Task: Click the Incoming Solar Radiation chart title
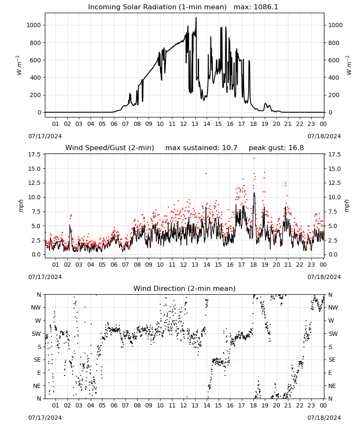pyautogui.click(x=157, y=7)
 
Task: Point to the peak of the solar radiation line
pyautogui.click(x=196, y=18)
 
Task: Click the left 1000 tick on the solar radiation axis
pyautogui.click(x=33, y=25)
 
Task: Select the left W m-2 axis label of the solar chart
pyautogui.click(x=19, y=65)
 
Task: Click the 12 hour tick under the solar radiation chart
pyautogui.click(x=183, y=124)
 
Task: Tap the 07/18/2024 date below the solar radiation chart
pyautogui.click(x=324, y=136)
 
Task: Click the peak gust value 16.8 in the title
pyautogui.click(x=297, y=148)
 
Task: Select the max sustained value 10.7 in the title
pyautogui.click(x=230, y=148)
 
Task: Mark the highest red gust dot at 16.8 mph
pyautogui.click(x=254, y=158)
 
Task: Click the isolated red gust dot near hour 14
pyautogui.click(x=206, y=173)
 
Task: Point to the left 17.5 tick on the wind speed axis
pyautogui.click(x=34, y=154)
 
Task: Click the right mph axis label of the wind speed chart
pyautogui.click(x=346, y=206)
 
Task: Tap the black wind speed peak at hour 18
pyautogui.click(x=254, y=193)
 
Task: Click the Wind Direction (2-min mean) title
pyautogui.click(x=185, y=288)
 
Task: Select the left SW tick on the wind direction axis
pyautogui.click(x=36, y=334)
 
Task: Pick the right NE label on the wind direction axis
pyautogui.click(x=332, y=386)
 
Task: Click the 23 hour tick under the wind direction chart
pyautogui.click(x=311, y=405)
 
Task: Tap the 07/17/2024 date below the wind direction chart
pyautogui.click(x=45, y=418)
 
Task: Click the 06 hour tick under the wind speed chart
pyautogui.click(x=114, y=265)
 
